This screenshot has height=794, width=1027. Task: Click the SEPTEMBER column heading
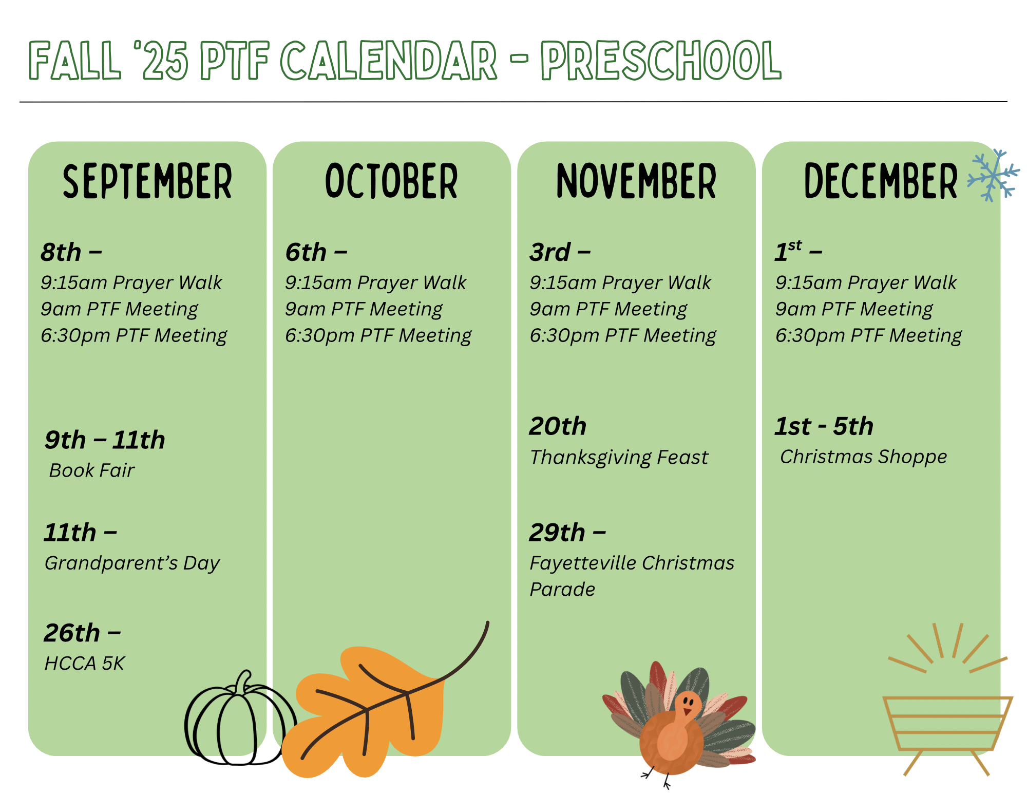147,181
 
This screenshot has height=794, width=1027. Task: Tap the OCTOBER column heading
391,181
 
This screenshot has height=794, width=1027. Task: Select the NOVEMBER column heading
636,181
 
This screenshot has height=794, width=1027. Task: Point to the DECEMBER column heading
881,181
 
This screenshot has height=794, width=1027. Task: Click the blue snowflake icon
994,175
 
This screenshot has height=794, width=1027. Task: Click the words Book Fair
92,470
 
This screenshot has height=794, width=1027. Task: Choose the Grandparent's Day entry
132,563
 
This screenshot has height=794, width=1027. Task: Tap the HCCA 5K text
85,664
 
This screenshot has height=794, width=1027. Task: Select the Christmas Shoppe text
864,457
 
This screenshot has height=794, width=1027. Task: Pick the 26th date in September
72,633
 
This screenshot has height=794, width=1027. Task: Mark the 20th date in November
558,426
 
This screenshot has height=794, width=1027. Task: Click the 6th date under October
306,252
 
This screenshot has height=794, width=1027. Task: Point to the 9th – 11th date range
105,440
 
